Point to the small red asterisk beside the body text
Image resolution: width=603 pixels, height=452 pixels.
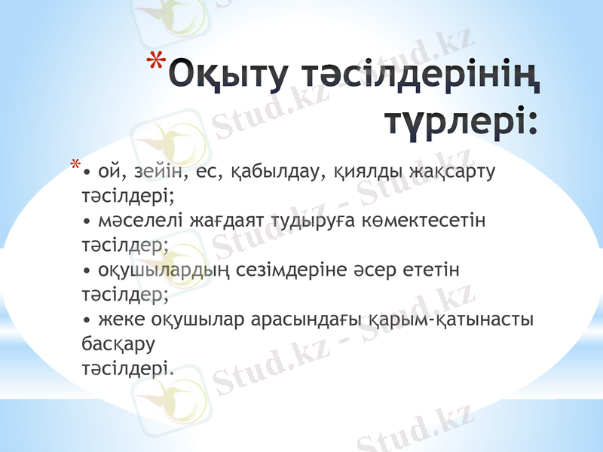[74, 165]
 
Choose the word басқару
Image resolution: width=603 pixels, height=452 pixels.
[118, 344]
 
